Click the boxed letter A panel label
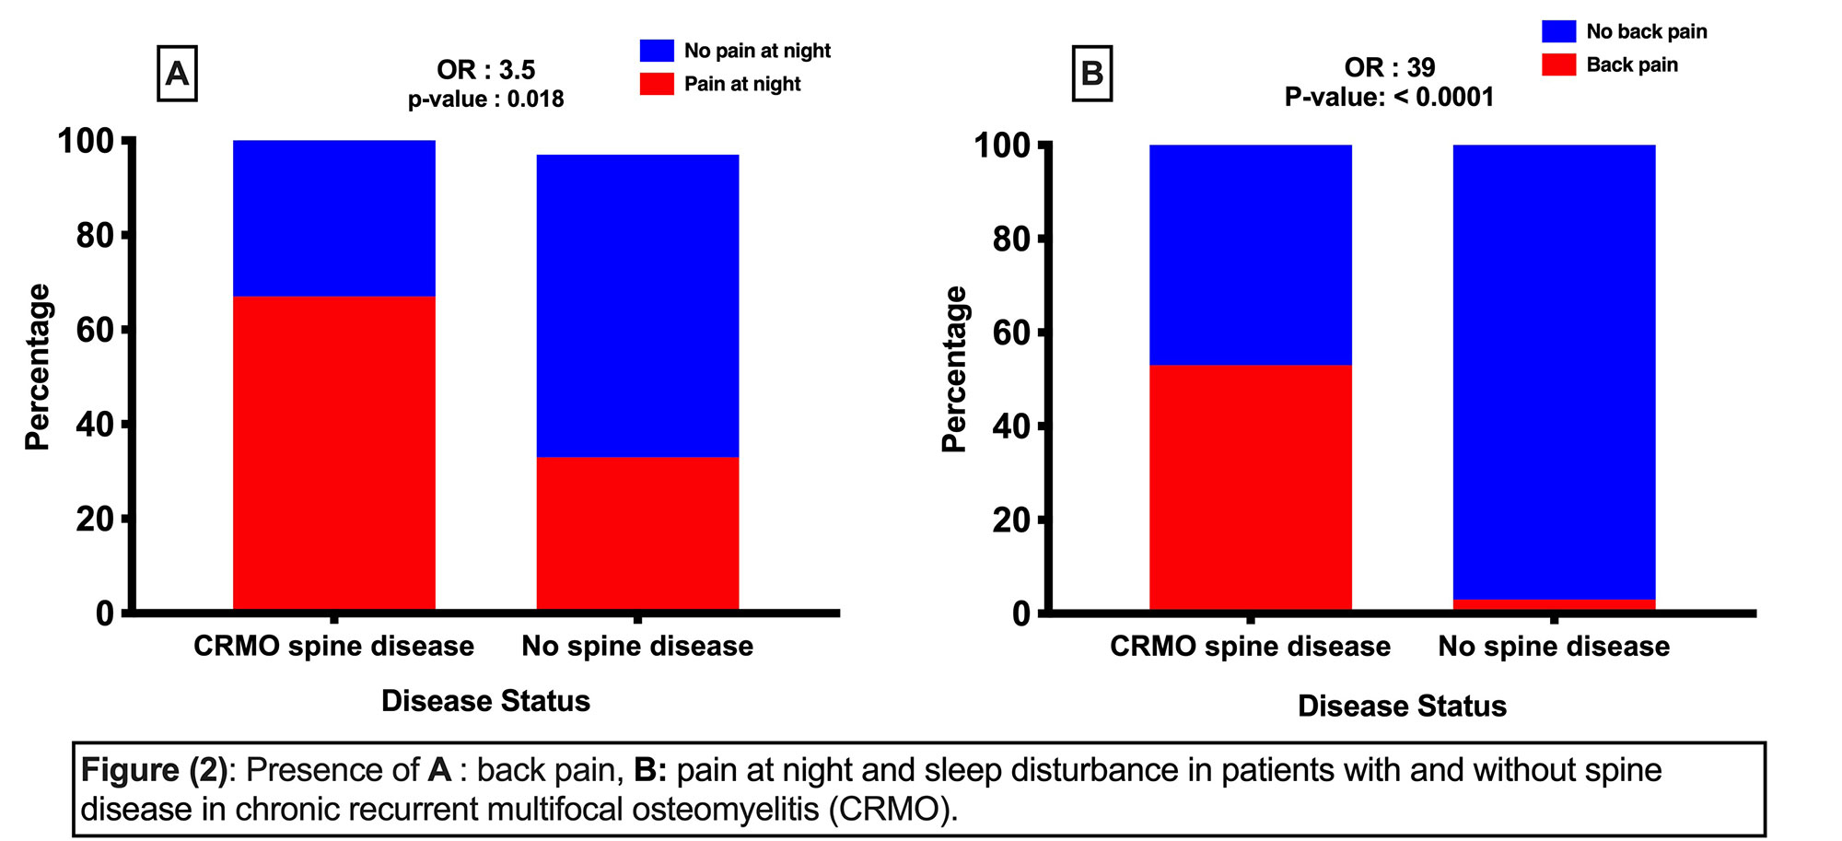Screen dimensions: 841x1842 point(177,73)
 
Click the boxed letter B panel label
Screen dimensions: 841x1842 point(1092,73)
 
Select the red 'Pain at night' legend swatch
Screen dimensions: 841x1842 point(657,84)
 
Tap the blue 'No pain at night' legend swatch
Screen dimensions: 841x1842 point(657,51)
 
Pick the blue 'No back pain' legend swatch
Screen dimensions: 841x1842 point(1558,31)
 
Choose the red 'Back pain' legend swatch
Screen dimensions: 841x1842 point(1558,64)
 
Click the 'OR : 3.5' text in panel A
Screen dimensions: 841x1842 point(485,70)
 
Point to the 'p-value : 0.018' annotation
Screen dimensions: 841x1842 point(485,99)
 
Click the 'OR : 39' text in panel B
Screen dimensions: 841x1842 point(1389,67)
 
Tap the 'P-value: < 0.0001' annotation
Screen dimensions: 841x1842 point(1389,97)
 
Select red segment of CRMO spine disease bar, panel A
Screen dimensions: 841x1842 point(333,451)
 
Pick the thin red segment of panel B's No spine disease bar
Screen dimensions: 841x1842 point(1554,604)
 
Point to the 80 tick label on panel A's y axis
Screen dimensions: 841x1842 point(94,236)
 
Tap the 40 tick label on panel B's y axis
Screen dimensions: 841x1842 point(1011,426)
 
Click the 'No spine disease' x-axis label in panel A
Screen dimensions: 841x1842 point(637,647)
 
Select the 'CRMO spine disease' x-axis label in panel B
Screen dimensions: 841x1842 point(1250,647)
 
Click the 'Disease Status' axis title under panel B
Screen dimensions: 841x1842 point(1402,707)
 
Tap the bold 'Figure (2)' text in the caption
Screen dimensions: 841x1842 point(154,770)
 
